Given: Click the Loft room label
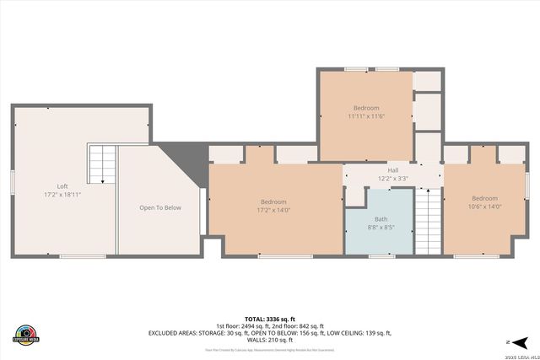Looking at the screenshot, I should tap(62, 186).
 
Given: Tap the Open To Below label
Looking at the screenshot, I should tap(160, 207).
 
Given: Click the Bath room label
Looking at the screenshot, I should tap(381, 219).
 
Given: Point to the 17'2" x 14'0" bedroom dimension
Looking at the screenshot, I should tap(273, 211).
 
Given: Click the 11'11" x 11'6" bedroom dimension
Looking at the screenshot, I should tap(366, 116).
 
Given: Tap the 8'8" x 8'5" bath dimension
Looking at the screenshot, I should tap(381, 228).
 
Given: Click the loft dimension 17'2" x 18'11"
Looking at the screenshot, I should tap(62, 195).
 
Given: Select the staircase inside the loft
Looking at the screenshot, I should tap(102, 164).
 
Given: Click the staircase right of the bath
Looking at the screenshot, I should tap(429, 221).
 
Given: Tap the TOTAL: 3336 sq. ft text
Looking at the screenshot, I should tap(270, 320).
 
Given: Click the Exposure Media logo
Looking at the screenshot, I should tap(26, 334).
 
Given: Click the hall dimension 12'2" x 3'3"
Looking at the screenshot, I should tap(393, 179).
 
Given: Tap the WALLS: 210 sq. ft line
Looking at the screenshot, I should tap(270, 340).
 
